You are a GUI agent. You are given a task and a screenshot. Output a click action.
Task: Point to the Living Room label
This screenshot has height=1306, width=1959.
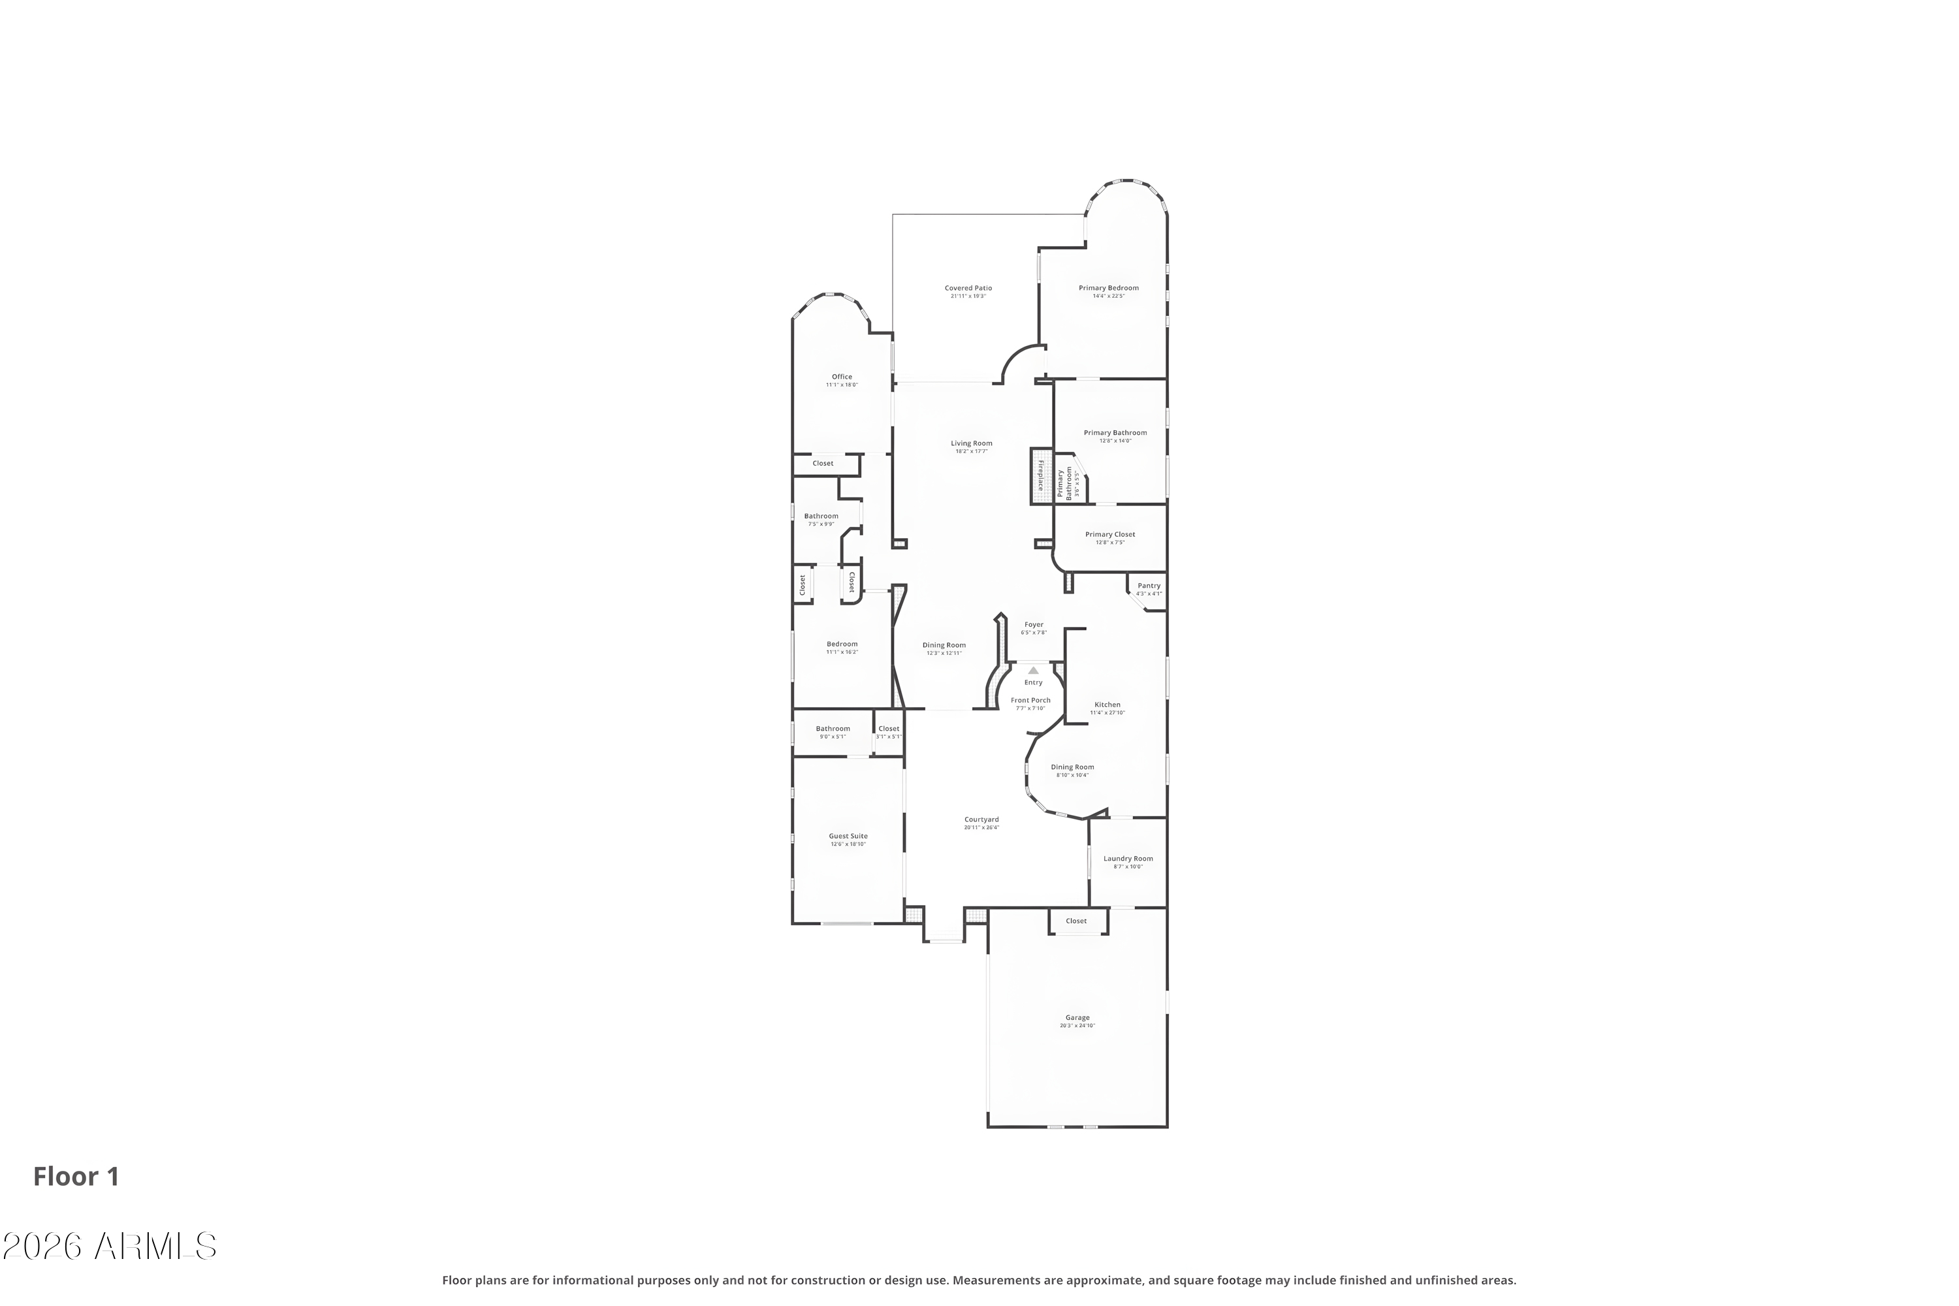pyautogui.click(x=971, y=444)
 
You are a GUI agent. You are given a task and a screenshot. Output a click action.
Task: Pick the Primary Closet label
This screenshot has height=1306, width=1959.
pyautogui.click(x=1109, y=535)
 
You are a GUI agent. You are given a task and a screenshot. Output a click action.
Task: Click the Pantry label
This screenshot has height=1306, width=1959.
pyautogui.click(x=1149, y=586)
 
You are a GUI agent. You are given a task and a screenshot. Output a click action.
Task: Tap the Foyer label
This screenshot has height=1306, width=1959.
pyautogui.click(x=1034, y=626)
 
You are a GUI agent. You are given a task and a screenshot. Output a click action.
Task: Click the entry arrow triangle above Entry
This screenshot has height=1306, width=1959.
pyautogui.click(x=1033, y=671)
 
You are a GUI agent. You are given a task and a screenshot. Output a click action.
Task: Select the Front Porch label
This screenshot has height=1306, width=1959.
pyautogui.click(x=1030, y=701)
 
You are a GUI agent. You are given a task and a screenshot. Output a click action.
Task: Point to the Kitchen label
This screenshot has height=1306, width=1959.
pyautogui.click(x=1107, y=705)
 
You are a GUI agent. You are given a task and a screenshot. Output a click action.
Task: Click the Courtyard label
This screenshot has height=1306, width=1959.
pyautogui.click(x=981, y=820)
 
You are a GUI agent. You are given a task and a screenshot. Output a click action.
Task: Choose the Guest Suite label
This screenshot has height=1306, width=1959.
pyautogui.click(x=848, y=837)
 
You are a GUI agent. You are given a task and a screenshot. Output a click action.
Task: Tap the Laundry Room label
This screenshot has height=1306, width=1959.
pyautogui.click(x=1128, y=859)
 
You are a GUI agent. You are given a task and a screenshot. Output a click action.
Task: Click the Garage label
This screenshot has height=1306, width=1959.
pyautogui.click(x=1077, y=1019)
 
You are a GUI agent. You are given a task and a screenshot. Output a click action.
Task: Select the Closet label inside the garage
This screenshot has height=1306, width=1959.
pyautogui.click(x=1076, y=921)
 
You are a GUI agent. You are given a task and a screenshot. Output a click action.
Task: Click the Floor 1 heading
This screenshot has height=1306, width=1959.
pyautogui.click(x=76, y=1177)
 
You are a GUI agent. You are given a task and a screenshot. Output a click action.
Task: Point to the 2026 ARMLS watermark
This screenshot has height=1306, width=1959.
pyautogui.click(x=109, y=1247)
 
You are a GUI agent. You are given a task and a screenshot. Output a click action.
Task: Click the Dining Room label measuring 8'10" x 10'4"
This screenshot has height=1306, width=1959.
pyautogui.click(x=1072, y=768)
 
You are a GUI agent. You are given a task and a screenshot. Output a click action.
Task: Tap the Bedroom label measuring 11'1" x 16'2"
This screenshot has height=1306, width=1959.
pyautogui.click(x=842, y=645)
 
